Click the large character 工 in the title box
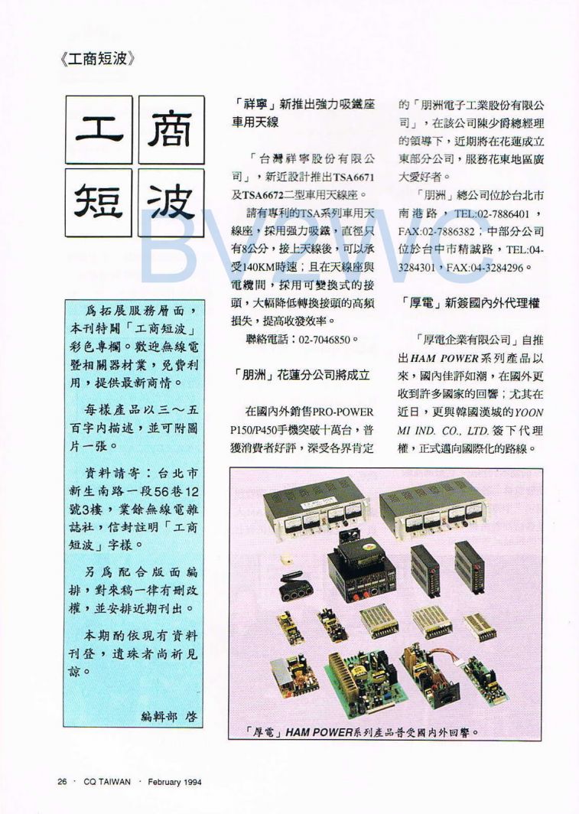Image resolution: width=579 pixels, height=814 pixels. coord(99,129)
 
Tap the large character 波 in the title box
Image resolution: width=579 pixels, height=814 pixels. coord(171,202)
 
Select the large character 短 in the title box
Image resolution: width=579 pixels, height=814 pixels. coord(99,202)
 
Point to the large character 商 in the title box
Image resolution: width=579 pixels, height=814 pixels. coord(171,129)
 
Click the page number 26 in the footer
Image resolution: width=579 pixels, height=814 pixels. coord(63,781)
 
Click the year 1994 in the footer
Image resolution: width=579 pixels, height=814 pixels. coord(201,781)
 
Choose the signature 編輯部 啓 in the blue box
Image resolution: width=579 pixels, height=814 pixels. coord(169,716)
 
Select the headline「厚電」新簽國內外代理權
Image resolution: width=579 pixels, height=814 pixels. coord(470,303)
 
